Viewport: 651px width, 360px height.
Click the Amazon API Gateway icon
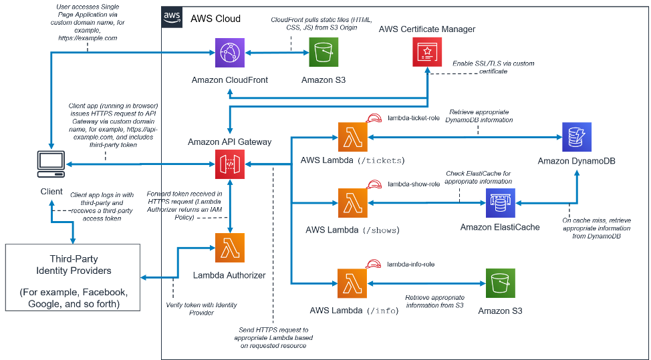point(230,164)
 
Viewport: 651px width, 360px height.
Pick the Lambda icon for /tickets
point(353,138)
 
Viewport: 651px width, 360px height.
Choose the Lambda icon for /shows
point(353,204)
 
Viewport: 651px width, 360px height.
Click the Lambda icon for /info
point(353,284)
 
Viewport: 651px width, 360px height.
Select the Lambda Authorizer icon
point(230,248)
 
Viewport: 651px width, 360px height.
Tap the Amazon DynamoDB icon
point(577,138)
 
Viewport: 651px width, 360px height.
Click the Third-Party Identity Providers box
point(72,277)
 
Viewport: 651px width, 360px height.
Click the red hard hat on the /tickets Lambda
point(372,120)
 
